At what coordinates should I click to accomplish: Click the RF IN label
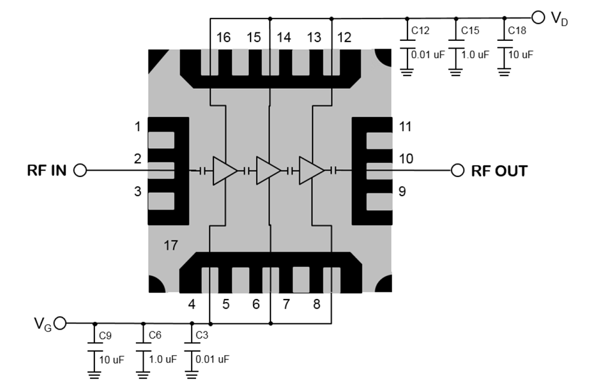click(x=47, y=170)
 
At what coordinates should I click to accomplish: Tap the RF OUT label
click(x=499, y=170)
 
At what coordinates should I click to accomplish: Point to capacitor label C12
click(x=420, y=30)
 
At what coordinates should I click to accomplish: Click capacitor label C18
click(x=517, y=30)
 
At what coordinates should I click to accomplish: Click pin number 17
click(x=171, y=244)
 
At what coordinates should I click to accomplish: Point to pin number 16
click(x=223, y=38)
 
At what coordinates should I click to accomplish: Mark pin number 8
click(x=316, y=304)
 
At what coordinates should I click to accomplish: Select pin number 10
click(x=406, y=158)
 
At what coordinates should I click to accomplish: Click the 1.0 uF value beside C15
click(x=475, y=55)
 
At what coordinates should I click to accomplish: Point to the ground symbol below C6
click(x=143, y=376)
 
